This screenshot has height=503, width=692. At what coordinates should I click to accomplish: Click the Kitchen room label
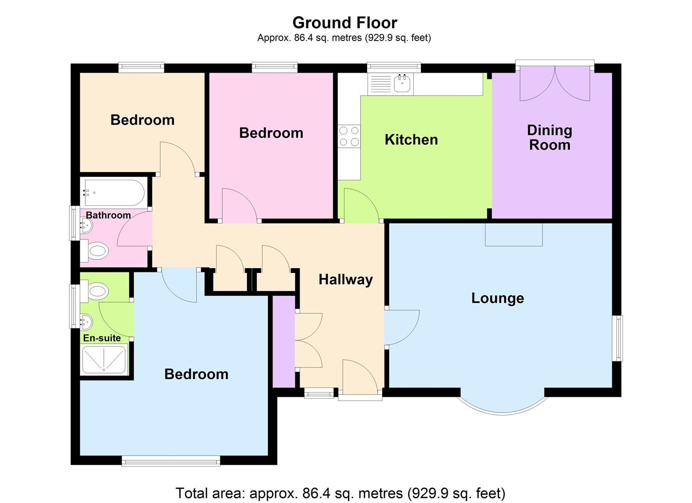point(411,140)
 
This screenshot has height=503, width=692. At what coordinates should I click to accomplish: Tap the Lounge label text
point(497,298)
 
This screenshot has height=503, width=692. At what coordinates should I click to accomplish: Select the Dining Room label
point(549,137)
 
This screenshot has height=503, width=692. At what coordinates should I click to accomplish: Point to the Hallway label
point(345,279)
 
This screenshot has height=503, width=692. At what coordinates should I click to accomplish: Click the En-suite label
point(102,338)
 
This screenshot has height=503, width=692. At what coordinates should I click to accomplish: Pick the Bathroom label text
point(108,215)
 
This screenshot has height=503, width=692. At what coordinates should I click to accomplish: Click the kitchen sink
point(402,84)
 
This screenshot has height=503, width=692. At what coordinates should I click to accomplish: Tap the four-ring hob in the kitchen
point(349,136)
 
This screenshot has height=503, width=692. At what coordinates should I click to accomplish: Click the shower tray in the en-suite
point(104,360)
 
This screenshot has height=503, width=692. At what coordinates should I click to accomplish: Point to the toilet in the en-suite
point(95,292)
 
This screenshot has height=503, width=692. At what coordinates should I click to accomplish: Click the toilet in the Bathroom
point(95,252)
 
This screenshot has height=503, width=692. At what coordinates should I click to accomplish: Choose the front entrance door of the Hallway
point(360,377)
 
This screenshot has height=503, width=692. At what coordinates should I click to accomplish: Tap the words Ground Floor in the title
point(344,22)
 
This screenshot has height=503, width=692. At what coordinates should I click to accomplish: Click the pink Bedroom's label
point(271,133)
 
